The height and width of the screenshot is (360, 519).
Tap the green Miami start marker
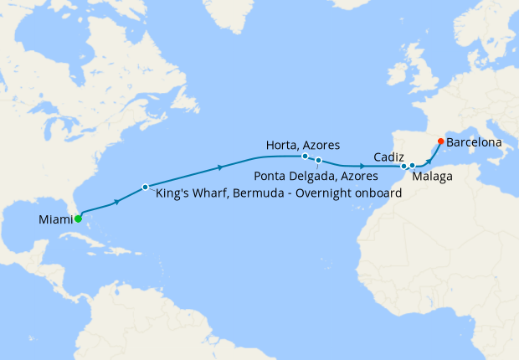pos(78,219)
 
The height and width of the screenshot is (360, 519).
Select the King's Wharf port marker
pos(145,186)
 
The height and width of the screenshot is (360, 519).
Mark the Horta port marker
pos(305,156)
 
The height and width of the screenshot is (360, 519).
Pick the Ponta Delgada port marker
pos(319,160)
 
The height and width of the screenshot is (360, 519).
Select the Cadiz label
pos(390,157)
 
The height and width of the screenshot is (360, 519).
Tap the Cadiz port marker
pos(404,166)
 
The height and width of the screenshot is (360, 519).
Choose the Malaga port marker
pos(412,167)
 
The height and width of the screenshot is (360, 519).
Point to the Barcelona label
pos(474,142)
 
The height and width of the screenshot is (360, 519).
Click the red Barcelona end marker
pos(441,141)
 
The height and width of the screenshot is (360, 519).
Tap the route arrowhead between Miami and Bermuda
pos(117,201)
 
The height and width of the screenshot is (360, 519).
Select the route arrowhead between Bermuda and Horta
pos(221,167)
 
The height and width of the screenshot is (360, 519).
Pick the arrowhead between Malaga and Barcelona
pos(434,153)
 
